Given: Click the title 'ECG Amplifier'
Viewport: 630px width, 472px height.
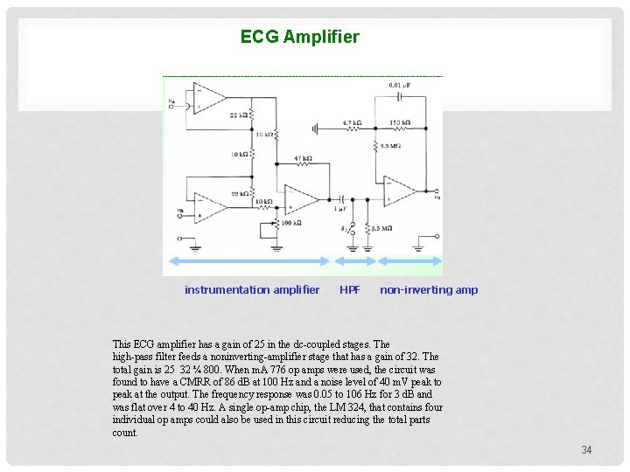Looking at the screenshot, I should pyautogui.click(x=299, y=38).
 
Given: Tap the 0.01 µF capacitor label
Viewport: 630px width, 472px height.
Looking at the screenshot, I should pyautogui.click(x=400, y=85).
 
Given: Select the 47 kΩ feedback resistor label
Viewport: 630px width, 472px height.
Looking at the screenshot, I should pyautogui.click(x=303, y=158).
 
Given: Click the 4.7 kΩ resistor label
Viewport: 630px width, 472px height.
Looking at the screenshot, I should pyautogui.click(x=352, y=123).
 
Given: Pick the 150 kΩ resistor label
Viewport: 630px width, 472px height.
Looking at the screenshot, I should pyautogui.click(x=400, y=122).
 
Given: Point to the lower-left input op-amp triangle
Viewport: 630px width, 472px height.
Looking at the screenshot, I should pyautogui.click(x=207, y=207).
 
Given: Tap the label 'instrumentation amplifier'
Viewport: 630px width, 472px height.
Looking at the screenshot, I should pyautogui.click(x=252, y=290).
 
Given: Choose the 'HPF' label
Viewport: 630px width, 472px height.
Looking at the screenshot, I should pyautogui.click(x=349, y=290).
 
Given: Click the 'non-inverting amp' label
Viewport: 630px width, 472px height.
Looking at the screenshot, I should pyautogui.click(x=429, y=290).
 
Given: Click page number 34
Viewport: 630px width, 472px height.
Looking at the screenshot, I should pyautogui.click(x=586, y=450).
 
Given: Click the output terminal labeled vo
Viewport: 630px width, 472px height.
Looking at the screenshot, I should pyautogui.click(x=437, y=191).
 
